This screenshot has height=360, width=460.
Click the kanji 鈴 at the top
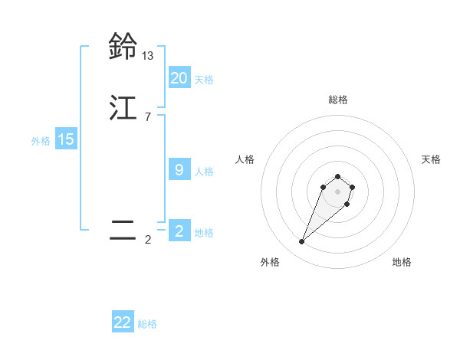click(123, 47)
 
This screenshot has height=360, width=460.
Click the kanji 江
click(123, 109)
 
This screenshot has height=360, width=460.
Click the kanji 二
click(123, 230)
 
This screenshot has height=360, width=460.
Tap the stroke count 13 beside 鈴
click(147, 56)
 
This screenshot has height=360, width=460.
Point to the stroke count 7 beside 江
click(147, 117)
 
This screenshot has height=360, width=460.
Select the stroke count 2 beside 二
click(147, 240)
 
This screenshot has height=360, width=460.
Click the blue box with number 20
click(179, 78)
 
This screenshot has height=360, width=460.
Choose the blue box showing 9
click(179, 170)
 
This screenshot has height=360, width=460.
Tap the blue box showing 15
click(66, 139)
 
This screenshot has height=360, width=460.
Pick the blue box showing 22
click(123, 322)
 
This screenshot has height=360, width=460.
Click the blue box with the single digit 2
click(179, 231)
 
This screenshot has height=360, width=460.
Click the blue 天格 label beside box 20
click(204, 80)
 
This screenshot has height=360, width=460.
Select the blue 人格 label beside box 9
click(204, 172)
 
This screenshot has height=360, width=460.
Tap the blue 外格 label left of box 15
click(41, 141)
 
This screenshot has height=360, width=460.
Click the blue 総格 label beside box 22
click(147, 324)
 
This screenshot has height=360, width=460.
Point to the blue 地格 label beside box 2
click(204, 233)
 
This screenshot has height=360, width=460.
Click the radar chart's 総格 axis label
click(337, 100)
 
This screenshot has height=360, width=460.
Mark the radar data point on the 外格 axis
click(302, 242)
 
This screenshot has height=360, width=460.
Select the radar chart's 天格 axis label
click(431, 159)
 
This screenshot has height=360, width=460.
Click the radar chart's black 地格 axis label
click(402, 262)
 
